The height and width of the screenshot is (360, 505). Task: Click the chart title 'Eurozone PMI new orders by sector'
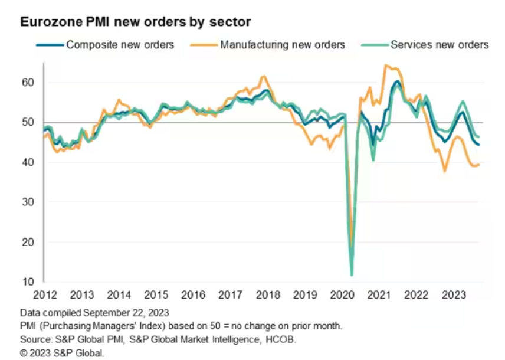[x=136, y=22]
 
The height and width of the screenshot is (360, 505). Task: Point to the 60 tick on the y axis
[x=27, y=82]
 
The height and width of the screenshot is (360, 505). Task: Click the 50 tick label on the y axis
[x=27, y=122]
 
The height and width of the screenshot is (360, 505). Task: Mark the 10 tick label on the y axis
[x=27, y=282]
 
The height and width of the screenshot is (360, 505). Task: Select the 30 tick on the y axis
[x=27, y=202]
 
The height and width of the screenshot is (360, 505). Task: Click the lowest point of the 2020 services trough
[x=352, y=275]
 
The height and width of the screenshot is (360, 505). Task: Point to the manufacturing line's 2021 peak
[x=385, y=65]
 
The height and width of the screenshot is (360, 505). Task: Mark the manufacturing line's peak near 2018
[x=263, y=76]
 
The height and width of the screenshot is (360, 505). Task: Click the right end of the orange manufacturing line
[x=478, y=165]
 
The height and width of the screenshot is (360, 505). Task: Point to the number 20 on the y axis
[x=27, y=242]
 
